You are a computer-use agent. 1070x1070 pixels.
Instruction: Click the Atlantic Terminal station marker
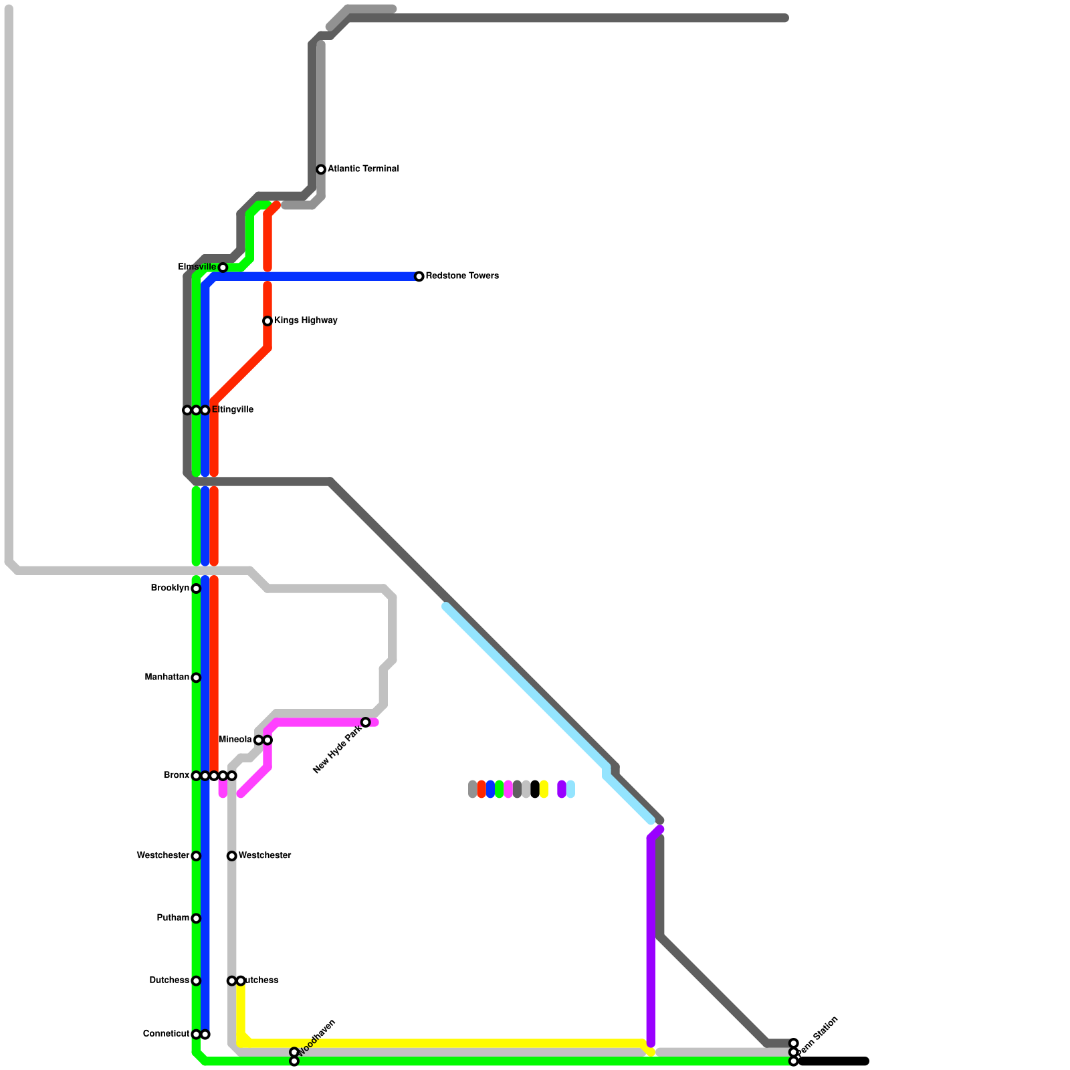click(321, 169)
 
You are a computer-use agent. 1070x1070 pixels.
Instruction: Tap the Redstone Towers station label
click(462, 276)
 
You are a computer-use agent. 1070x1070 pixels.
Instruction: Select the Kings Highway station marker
click(267, 321)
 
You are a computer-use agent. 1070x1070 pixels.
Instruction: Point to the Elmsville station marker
click(223, 267)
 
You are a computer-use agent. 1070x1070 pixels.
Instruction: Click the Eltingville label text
click(233, 410)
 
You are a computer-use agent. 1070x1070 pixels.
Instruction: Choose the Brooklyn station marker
click(196, 588)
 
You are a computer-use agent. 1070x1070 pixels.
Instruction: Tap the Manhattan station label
click(167, 677)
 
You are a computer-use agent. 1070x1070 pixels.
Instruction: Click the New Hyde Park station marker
click(366, 722)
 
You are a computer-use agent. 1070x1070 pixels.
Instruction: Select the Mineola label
click(235, 740)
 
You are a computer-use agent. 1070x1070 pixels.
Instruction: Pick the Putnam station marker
click(196, 918)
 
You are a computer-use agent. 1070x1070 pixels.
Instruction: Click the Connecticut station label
click(166, 1034)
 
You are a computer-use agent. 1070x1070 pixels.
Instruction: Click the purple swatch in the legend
click(562, 789)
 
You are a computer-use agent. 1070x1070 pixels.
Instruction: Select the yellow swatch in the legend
click(544, 789)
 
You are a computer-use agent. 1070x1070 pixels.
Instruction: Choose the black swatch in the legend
click(535, 789)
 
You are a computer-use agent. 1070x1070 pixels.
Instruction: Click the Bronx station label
click(177, 776)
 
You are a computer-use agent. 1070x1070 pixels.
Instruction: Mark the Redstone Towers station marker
click(419, 276)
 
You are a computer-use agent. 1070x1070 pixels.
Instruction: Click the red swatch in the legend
click(481, 789)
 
